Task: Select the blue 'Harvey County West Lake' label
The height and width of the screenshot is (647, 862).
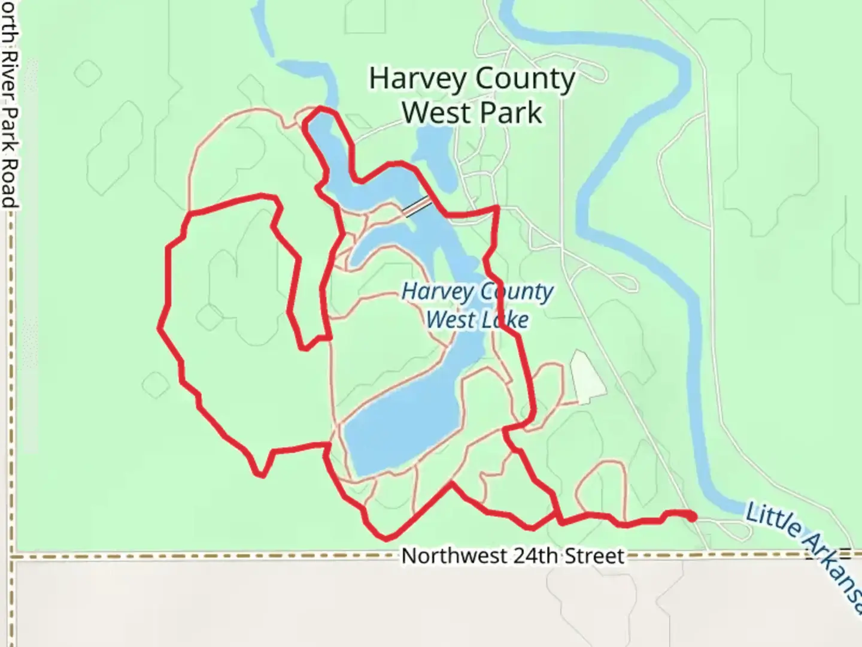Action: [x=478, y=306]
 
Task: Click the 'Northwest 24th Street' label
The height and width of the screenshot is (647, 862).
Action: [x=512, y=556]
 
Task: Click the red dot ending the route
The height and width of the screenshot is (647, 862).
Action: [x=692, y=516]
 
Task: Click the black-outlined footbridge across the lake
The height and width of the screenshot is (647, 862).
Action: [x=417, y=207]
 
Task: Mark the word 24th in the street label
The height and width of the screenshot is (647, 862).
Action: [x=541, y=556]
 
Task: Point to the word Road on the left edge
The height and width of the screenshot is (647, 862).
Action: [x=10, y=183]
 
